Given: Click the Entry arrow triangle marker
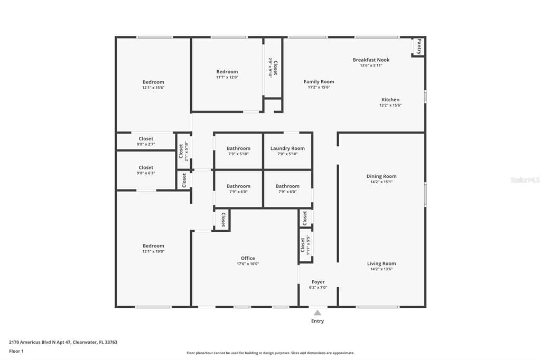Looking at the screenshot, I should (x=318, y=313).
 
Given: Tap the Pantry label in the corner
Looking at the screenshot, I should (x=419, y=46).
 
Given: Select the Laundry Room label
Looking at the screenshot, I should (x=287, y=148).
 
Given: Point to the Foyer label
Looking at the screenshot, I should (x=318, y=282).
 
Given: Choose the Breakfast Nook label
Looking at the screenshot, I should (x=371, y=60).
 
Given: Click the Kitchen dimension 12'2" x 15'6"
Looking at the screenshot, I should (x=390, y=105).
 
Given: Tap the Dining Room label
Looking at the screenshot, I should (x=381, y=176).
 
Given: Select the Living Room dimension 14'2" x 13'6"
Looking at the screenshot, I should (x=381, y=269).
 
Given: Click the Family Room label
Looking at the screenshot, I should (x=319, y=81).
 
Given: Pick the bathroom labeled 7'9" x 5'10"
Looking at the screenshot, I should (x=238, y=151).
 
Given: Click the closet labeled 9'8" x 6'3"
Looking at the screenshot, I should (x=146, y=170).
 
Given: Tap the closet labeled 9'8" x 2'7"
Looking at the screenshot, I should (x=146, y=141).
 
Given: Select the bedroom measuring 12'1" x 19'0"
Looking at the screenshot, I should (x=153, y=248).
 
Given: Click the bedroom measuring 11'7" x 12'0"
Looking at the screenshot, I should (x=227, y=74).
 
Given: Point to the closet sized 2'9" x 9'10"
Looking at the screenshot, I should (x=273, y=68).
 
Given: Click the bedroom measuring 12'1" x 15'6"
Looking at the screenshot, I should (x=153, y=84).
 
